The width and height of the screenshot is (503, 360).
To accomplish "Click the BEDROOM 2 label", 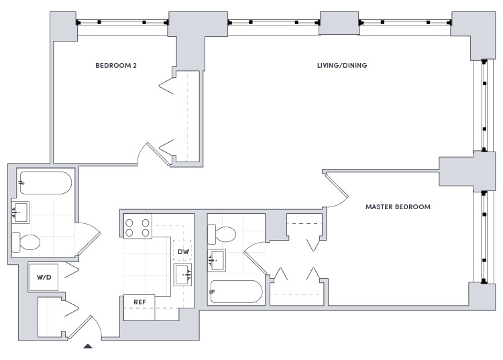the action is coord(116,66).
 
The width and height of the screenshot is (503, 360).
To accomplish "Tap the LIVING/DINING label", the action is coord(342,66).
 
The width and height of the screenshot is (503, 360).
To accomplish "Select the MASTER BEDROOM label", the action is coord(398,206).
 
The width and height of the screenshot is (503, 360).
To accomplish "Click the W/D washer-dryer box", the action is coord(44,278).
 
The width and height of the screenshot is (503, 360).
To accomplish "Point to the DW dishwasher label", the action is coord(184,251).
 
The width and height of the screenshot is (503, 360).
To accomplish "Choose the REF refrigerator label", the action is coord(140,302).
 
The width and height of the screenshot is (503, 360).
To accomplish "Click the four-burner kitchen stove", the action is coord(137,227).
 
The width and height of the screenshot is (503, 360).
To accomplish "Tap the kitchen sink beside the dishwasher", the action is coord(183,275).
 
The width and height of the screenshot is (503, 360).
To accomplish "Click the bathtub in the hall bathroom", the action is coord(46,183).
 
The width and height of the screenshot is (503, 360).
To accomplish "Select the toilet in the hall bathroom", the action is coord(26,242).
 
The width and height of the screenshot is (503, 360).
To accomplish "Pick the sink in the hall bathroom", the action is coord(21,212).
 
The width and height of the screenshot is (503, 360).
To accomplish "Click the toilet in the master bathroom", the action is coord(222,234).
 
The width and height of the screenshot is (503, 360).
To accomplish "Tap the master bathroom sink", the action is coord(217,260).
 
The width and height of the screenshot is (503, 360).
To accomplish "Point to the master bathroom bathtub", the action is coord(237,292).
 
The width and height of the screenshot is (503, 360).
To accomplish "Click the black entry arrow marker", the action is coord(88,346).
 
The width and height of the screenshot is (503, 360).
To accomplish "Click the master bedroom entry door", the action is coord(337,189).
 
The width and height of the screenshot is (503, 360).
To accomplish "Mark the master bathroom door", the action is coord(255,258).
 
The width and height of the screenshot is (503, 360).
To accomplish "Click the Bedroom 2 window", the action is coord(122,22).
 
